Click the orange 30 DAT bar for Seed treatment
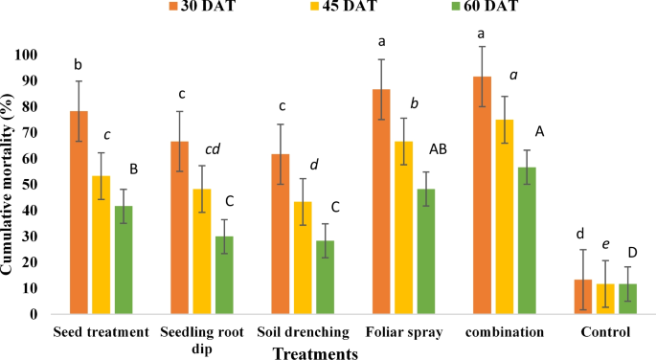[79, 213]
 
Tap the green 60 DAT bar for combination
[526, 240]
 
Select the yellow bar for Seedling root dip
[201, 251]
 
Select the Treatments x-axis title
[315, 352]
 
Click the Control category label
[604, 333]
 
